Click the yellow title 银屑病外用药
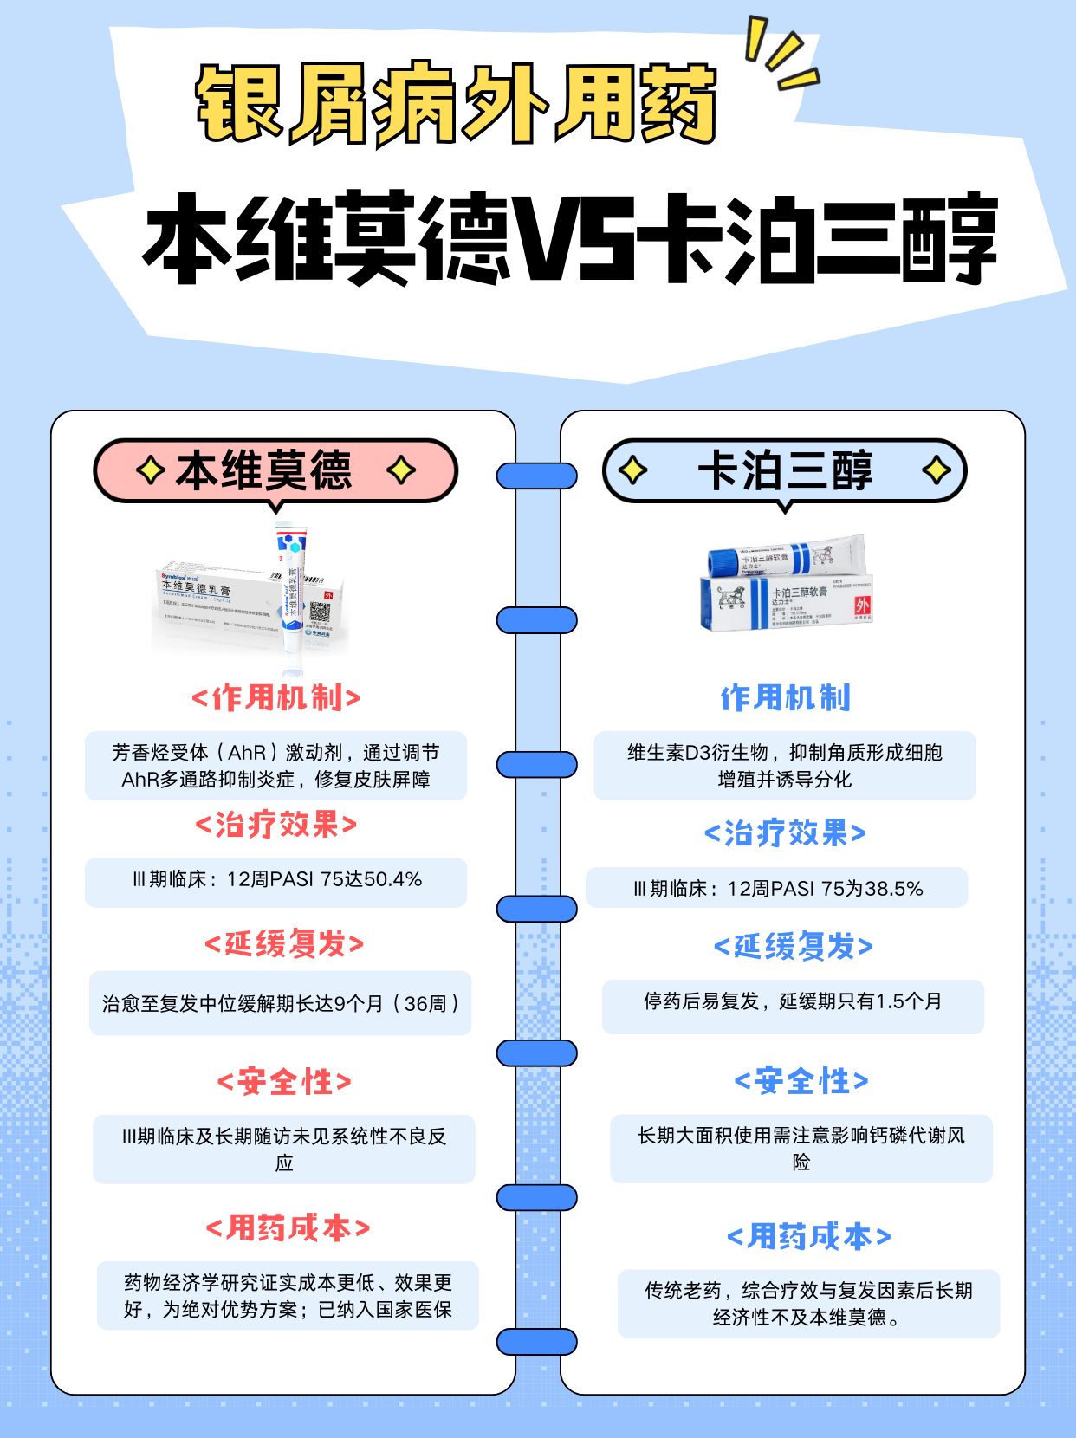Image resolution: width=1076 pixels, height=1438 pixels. point(457,104)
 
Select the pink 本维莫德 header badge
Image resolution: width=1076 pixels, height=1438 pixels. point(275,470)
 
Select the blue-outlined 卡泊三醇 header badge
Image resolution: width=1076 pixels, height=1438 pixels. point(784,470)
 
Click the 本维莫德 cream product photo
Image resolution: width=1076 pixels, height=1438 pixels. point(251,598)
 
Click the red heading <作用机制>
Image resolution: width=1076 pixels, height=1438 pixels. point(275,698)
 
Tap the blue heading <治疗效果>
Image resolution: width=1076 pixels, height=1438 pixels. point(785,833)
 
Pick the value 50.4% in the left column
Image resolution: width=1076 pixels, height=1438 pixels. point(393,880)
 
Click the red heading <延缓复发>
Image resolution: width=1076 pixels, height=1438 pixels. point(284,943)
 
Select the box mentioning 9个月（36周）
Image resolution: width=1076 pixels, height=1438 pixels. point(280,1003)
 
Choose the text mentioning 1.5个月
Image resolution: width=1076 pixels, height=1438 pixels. point(793,1002)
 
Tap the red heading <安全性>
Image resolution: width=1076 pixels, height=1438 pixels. point(284,1082)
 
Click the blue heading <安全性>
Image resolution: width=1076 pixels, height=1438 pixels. point(801,1080)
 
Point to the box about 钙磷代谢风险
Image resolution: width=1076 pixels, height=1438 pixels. point(801,1149)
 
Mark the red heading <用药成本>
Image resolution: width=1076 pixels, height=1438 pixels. point(288,1227)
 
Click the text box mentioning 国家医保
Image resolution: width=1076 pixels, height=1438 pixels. point(288,1296)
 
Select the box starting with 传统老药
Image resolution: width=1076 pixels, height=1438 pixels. point(808,1304)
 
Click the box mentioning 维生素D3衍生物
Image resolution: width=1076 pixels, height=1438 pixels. point(785,766)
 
